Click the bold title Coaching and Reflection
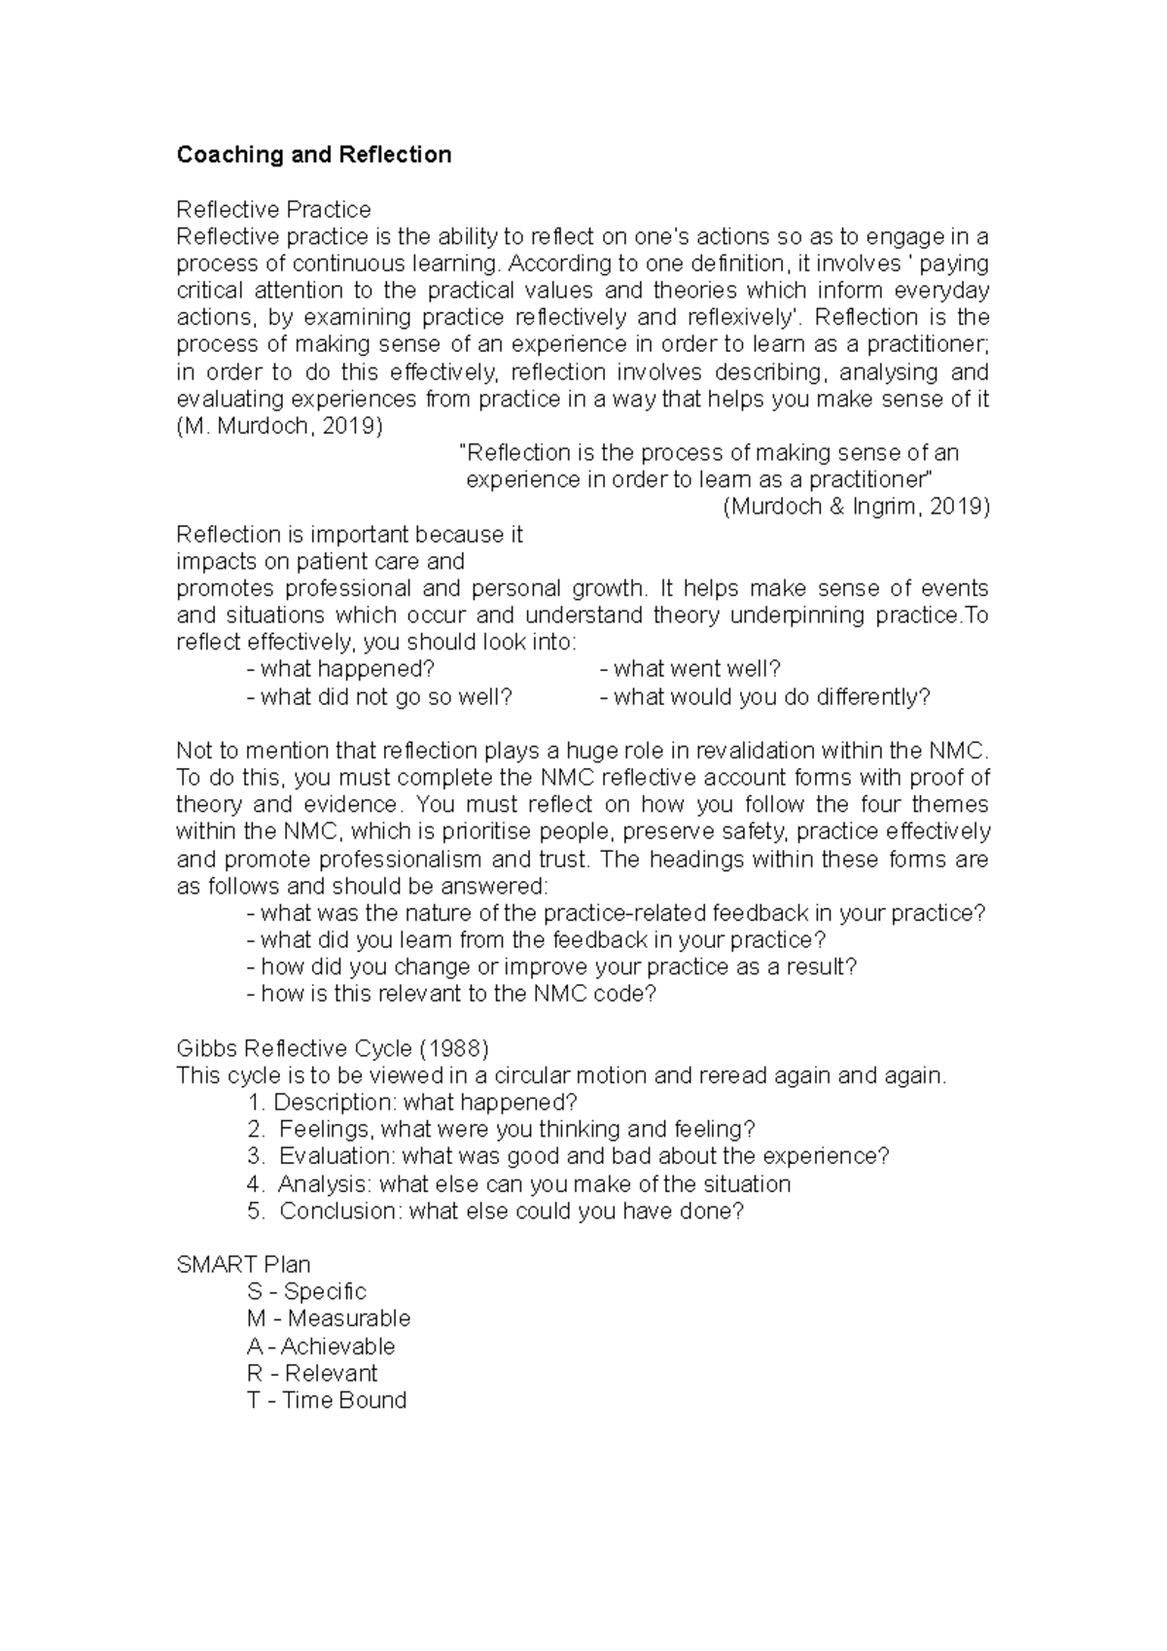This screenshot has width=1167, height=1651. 313,156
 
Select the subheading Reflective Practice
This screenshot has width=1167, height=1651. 273,210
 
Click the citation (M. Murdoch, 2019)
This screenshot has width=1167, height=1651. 280,427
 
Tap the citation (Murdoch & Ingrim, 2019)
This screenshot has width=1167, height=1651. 856,507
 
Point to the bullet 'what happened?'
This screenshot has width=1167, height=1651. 340,669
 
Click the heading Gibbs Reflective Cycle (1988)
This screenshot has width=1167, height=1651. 333,1049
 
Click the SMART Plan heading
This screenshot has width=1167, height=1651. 243,1265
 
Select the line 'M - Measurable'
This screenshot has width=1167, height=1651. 329,1319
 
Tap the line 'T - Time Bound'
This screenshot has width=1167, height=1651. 327,1401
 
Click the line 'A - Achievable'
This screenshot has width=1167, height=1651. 321,1347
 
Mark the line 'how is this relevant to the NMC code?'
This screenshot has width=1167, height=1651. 452,994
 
